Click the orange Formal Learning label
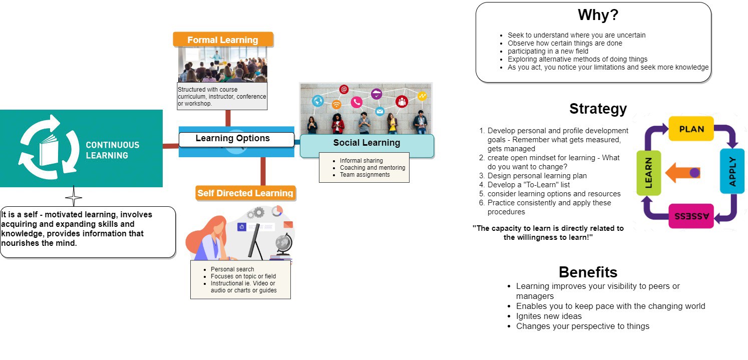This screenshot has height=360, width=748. click(223, 40)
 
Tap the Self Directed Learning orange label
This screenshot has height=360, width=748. click(245, 193)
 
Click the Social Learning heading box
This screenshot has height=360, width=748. click(366, 143)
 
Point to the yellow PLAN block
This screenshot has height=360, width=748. click(691, 129)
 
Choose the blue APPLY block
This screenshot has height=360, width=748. click(732, 171)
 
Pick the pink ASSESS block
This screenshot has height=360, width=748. click(691, 216)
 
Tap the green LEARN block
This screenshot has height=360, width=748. click(649, 173)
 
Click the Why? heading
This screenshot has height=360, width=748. click(598, 16)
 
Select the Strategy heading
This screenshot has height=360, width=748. click(598, 109)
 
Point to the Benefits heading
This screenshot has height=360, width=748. click(588, 272)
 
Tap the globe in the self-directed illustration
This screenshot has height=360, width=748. click(283, 244)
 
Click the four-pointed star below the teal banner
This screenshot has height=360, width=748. click(74, 197)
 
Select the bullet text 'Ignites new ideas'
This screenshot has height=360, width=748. click(549, 316)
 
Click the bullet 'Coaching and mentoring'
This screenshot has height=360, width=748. click(372, 168)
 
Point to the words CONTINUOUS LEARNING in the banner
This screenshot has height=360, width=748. click(112, 150)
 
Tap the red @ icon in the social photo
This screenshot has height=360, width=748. click(343, 89)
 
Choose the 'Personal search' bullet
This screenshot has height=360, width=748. click(232, 269)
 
